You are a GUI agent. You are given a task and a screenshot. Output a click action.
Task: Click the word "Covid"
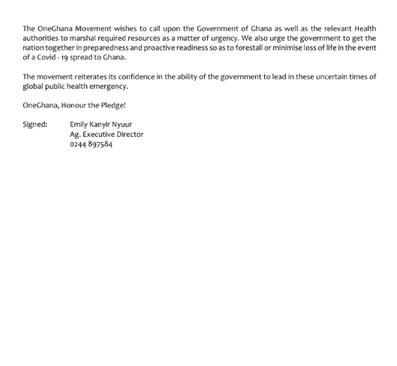[45, 57]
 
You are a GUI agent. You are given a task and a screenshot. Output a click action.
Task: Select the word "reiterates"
[95, 77]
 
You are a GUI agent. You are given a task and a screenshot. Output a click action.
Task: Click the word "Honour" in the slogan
[78, 105]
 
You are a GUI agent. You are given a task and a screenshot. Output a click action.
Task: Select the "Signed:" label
[35, 124]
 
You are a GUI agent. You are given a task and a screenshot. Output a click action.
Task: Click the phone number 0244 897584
[91, 144]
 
